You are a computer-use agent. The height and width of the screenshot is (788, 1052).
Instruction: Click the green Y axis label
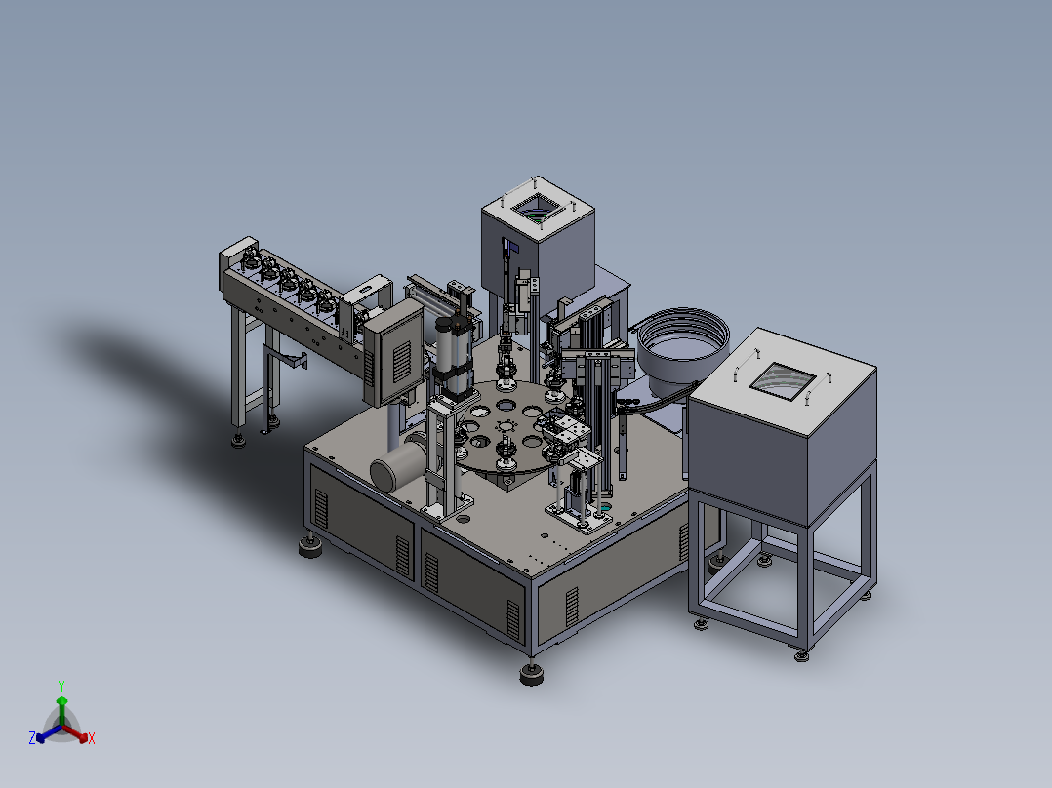pyautogui.click(x=61, y=686)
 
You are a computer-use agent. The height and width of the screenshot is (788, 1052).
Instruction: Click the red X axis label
pyautogui.click(x=92, y=738)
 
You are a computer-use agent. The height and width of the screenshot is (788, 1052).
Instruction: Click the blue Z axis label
pyautogui.click(x=32, y=737)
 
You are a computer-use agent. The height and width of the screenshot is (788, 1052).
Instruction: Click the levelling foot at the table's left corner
pyautogui.click(x=309, y=546)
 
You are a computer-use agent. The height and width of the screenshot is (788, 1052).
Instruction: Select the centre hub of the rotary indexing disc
pyautogui.click(x=505, y=426)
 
